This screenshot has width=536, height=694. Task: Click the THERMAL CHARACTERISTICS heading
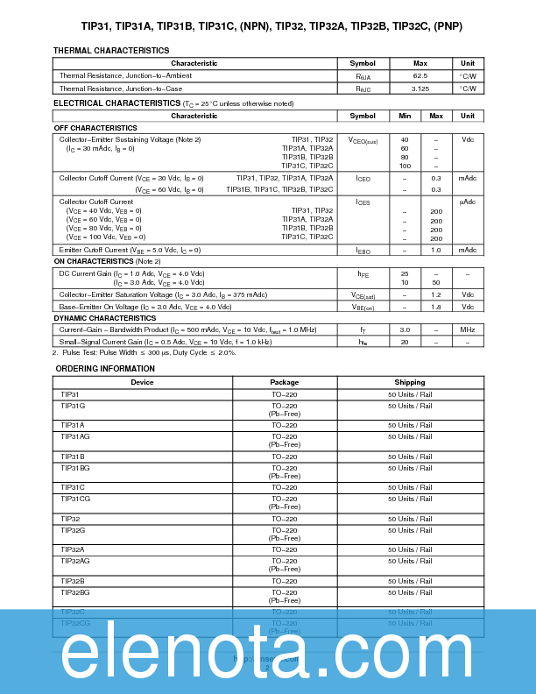click(x=111, y=51)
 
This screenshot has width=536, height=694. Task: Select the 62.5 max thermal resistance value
click(x=420, y=76)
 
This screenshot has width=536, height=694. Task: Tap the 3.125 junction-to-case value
click(x=420, y=89)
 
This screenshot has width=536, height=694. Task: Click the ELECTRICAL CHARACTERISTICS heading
click(x=116, y=103)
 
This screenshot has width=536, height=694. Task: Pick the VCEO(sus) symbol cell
click(x=363, y=140)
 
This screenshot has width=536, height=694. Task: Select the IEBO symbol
click(x=363, y=250)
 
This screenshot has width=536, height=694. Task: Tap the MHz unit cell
click(x=468, y=329)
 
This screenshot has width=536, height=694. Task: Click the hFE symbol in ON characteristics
click(x=363, y=273)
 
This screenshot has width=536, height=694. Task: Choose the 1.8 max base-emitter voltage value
click(x=435, y=307)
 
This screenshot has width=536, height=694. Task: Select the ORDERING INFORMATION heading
click(x=105, y=369)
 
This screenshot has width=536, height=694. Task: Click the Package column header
click(x=285, y=382)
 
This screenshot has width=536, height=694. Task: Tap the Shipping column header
click(x=410, y=382)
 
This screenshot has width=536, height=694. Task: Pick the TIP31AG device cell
click(x=75, y=436)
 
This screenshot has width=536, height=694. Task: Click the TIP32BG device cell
click(x=75, y=592)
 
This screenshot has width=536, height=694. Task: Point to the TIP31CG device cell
click(x=75, y=499)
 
